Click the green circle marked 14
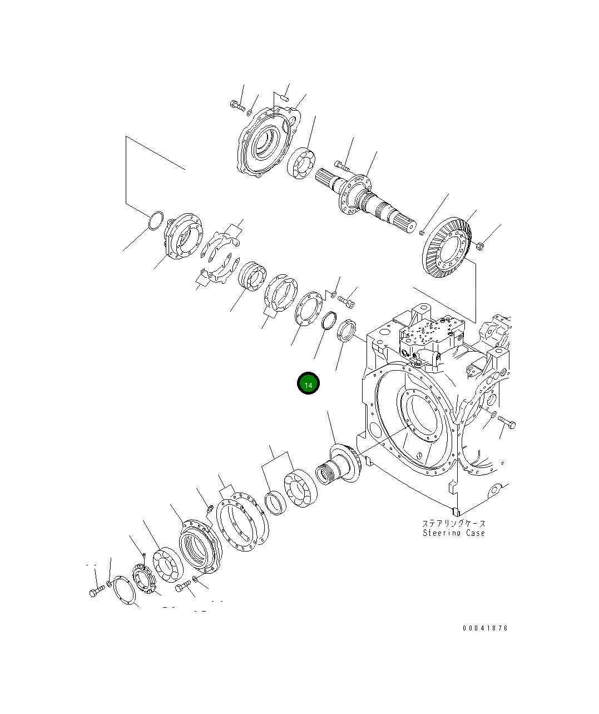308,383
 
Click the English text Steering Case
453,533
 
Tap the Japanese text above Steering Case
453,523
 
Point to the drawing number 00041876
485,628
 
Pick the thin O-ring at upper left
156,220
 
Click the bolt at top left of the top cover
236,105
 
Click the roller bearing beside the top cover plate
302,164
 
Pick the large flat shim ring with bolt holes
242,523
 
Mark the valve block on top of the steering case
428,339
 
